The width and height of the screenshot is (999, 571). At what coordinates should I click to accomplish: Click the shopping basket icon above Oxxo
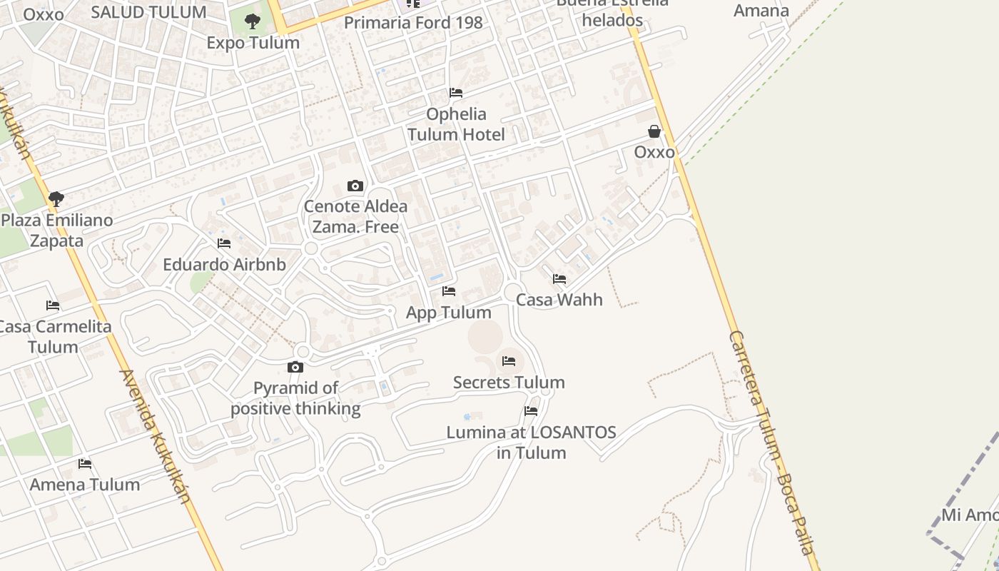coord(654,131)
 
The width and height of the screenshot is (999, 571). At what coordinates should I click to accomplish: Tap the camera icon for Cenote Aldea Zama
coord(355,186)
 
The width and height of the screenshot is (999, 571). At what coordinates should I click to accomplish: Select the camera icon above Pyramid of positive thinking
coord(295,368)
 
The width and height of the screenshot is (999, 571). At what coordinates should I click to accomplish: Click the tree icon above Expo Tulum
coord(252,21)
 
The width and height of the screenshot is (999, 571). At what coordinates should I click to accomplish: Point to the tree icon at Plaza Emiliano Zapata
coord(56,199)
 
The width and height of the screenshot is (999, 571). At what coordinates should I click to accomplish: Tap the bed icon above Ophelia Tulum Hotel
coord(456,93)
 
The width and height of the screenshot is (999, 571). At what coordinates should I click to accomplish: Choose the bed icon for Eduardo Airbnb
coord(224,243)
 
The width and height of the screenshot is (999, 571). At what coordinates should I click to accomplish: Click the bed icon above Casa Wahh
coord(559,279)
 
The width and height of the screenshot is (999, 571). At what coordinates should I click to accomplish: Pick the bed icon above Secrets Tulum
coord(509,361)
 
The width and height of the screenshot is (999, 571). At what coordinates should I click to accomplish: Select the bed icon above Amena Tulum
coord(85,464)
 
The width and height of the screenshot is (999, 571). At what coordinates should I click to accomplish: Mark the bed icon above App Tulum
coord(449,291)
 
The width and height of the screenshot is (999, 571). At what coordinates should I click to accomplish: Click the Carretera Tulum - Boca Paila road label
coord(771,443)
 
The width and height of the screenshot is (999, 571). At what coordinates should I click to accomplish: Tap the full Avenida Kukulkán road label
coord(156,436)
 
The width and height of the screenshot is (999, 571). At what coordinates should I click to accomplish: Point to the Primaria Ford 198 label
coord(413,23)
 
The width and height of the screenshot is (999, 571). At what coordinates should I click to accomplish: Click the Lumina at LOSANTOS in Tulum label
coord(532,443)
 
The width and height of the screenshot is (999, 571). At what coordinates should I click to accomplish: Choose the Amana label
coord(761,11)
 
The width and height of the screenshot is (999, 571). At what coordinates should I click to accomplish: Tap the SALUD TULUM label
coord(149,12)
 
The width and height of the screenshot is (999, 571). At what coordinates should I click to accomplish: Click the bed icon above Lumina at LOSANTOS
coord(531,411)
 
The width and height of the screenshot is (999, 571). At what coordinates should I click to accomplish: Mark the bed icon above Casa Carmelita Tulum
coord(53,305)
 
